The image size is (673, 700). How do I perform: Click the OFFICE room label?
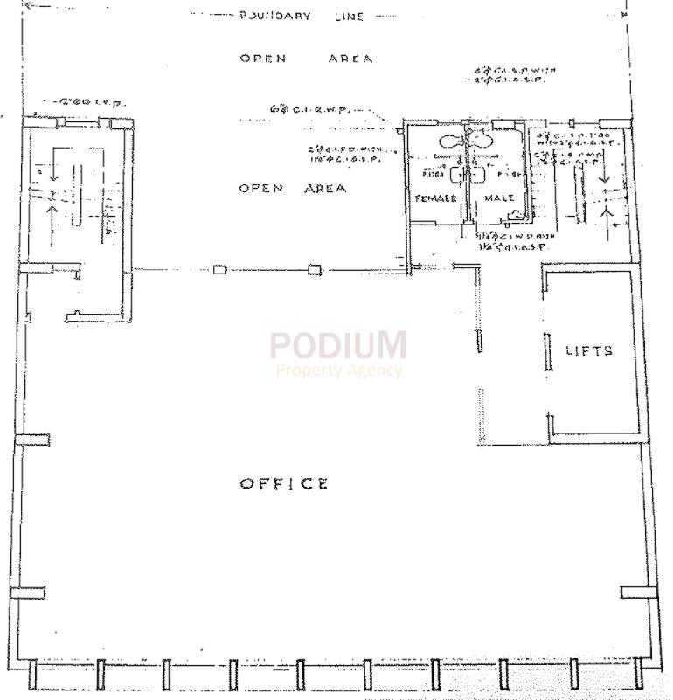click(284, 483)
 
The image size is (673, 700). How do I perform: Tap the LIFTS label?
click(589, 350)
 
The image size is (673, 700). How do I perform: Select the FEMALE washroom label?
click(435, 198)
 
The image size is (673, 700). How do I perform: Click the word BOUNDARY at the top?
click(274, 16)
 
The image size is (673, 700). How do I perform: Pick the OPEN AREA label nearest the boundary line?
click(306, 59)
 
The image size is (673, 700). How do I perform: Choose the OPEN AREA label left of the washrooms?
click(293, 188)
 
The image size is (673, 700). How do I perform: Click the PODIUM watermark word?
click(337, 345)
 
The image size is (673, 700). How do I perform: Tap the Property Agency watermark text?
click(338, 370)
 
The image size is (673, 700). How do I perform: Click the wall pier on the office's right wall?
click(638, 592)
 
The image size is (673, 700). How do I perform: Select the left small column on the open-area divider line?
click(219, 269)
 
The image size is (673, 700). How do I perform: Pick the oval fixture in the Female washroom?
click(451, 141)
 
